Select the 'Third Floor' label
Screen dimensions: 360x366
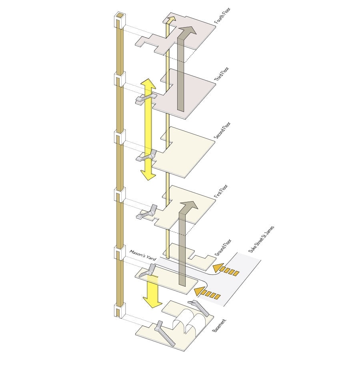tap(222, 74)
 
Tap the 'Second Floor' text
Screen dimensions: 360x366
tap(222, 130)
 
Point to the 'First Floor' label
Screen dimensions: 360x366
tap(221, 191)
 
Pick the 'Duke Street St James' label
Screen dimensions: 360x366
tap(261, 239)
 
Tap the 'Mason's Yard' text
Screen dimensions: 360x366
tap(143, 256)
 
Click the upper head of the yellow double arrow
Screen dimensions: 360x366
tap(148, 84)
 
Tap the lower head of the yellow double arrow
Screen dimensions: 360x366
tap(148, 175)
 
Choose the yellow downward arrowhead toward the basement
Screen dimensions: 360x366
tap(152, 302)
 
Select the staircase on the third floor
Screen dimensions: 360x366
tap(146, 98)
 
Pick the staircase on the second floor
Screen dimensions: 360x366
tap(147, 156)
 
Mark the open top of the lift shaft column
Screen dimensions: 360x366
tap(120, 16)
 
